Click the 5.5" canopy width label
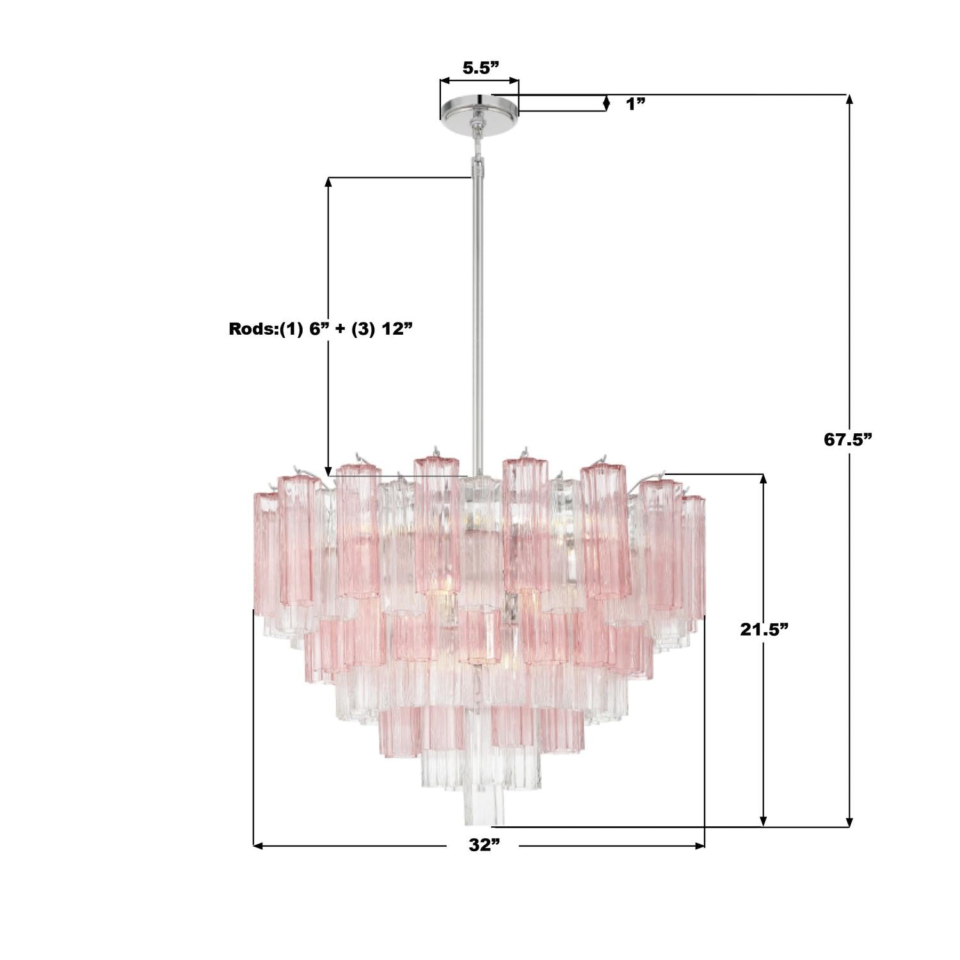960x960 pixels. pyautogui.click(x=480, y=68)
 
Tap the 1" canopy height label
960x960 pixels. pyautogui.click(x=636, y=104)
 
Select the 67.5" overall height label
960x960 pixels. pyautogui.click(x=848, y=440)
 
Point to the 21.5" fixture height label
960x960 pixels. pyautogui.click(x=764, y=630)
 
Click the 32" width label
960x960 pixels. pyautogui.click(x=483, y=845)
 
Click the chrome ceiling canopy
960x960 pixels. pyautogui.click(x=479, y=108)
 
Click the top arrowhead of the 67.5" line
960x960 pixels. pyautogui.click(x=849, y=99)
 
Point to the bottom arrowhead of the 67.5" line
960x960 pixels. pyautogui.click(x=849, y=822)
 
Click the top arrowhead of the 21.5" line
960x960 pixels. pyautogui.click(x=763, y=479)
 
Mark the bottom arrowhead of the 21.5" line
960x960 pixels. pyautogui.click(x=763, y=822)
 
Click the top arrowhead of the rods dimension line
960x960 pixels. pyautogui.click(x=329, y=182)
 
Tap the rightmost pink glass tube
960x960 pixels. pyautogui.click(x=694, y=554)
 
